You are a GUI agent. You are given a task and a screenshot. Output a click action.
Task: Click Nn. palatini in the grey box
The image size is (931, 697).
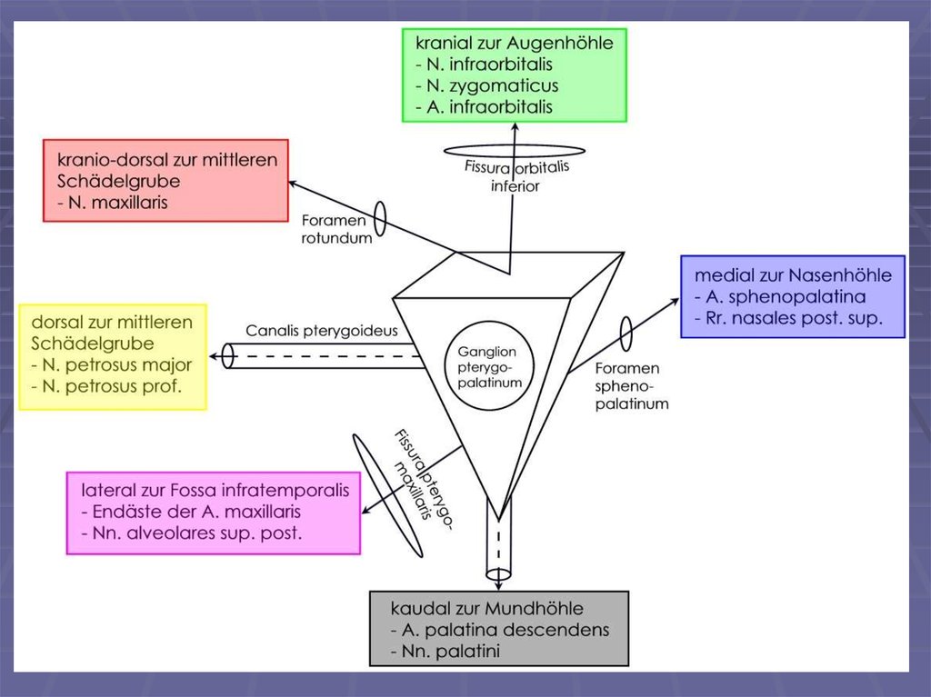449,652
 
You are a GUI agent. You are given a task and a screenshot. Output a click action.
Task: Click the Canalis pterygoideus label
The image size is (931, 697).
322,331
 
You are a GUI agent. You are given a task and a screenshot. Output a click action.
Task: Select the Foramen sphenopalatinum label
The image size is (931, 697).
632,385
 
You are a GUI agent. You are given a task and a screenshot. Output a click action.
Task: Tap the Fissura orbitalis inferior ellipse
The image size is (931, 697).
513,151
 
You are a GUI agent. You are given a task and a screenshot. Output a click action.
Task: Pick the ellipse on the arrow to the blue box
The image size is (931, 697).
626,333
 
